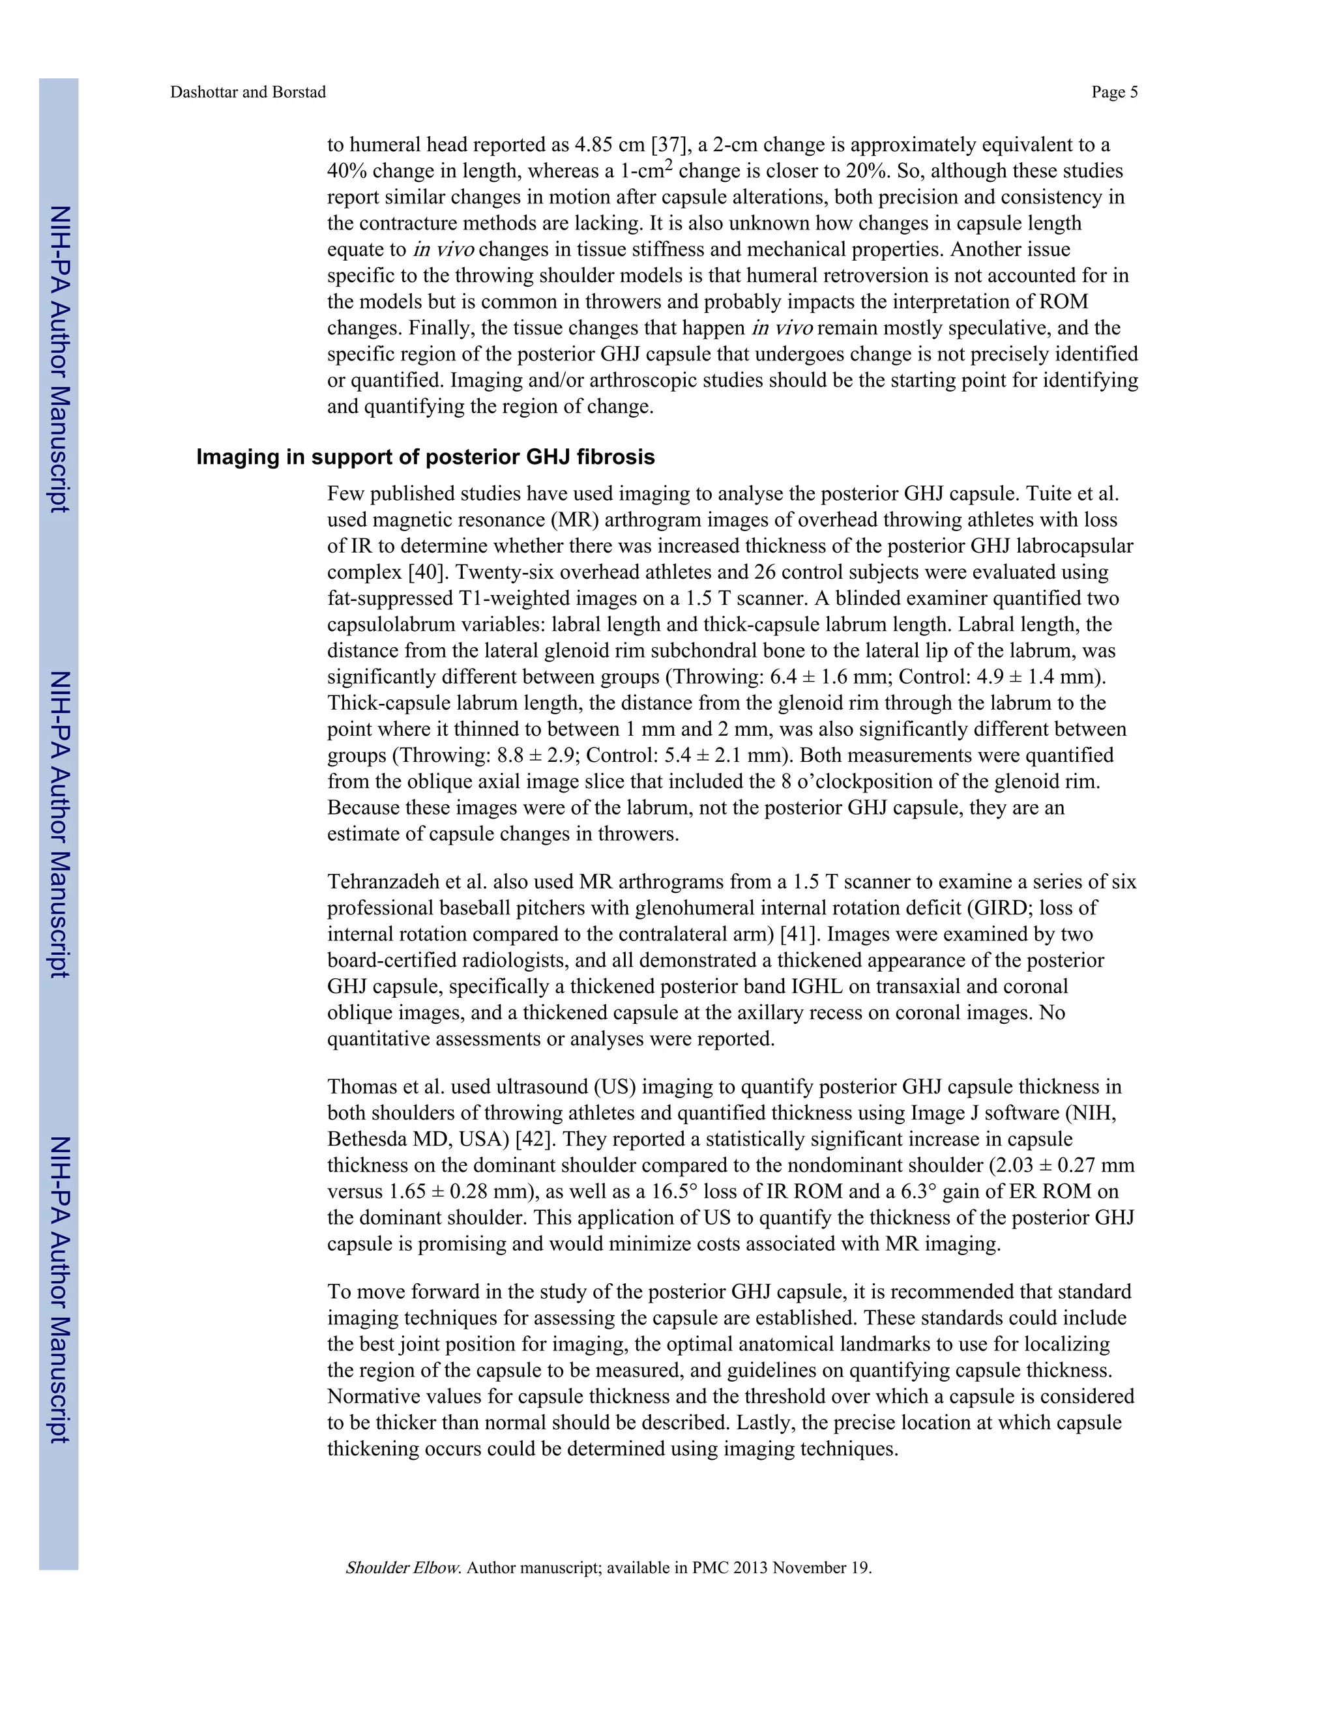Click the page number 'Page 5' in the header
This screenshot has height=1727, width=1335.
(x=1113, y=93)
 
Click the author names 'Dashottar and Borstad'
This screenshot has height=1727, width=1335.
(x=248, y=93)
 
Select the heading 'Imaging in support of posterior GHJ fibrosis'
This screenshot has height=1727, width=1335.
(x=426, y=457)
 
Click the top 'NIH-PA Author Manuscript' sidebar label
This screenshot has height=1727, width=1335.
(x=60, y=360)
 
